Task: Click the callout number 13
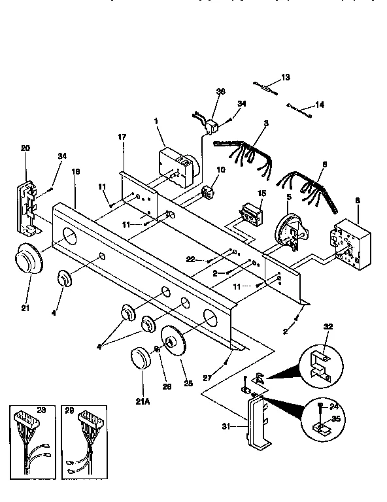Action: (284, 77)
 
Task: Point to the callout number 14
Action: (320, 104)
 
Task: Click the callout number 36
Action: (220, 92)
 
